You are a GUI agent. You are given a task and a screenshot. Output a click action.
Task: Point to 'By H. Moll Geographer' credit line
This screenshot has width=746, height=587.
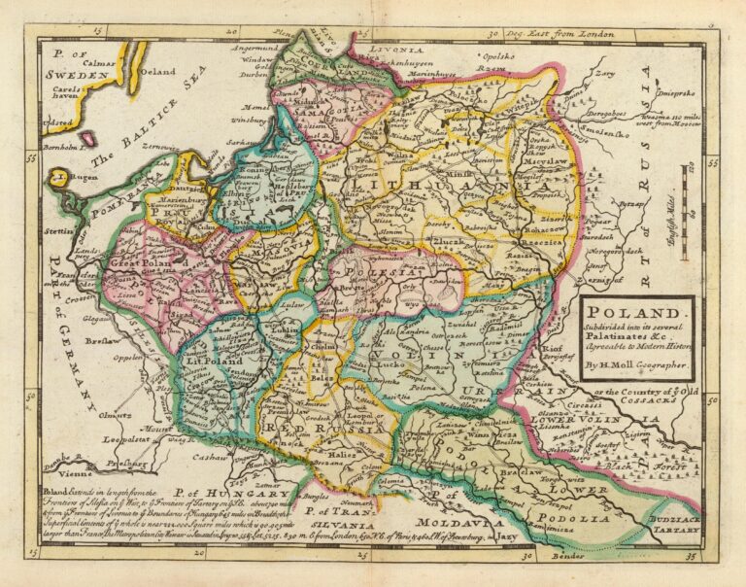[x=636, y=365]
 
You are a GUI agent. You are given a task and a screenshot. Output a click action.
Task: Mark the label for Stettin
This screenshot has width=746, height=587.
[x=53, y=231]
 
